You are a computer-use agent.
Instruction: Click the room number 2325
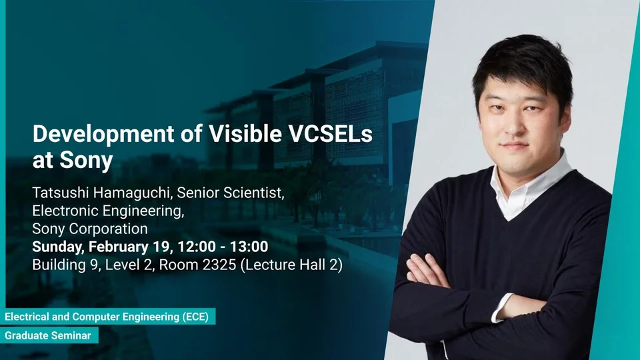(x=219, y=265)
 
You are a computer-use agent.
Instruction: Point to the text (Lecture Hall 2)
(x=291, y=265)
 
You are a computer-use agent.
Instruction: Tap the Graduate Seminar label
(x=48, y=335)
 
